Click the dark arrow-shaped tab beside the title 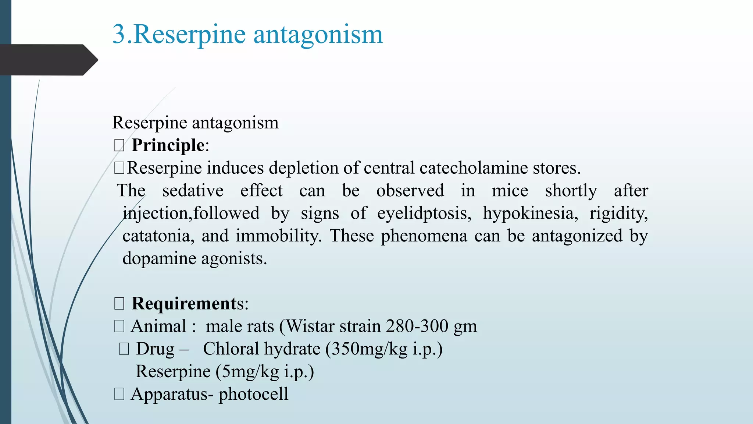(48, 60)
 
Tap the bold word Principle (168, 145)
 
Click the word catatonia (158, 236)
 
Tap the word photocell (253, 394)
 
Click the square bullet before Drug (124, 349)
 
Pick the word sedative (193, 191)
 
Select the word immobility (279, 236)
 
